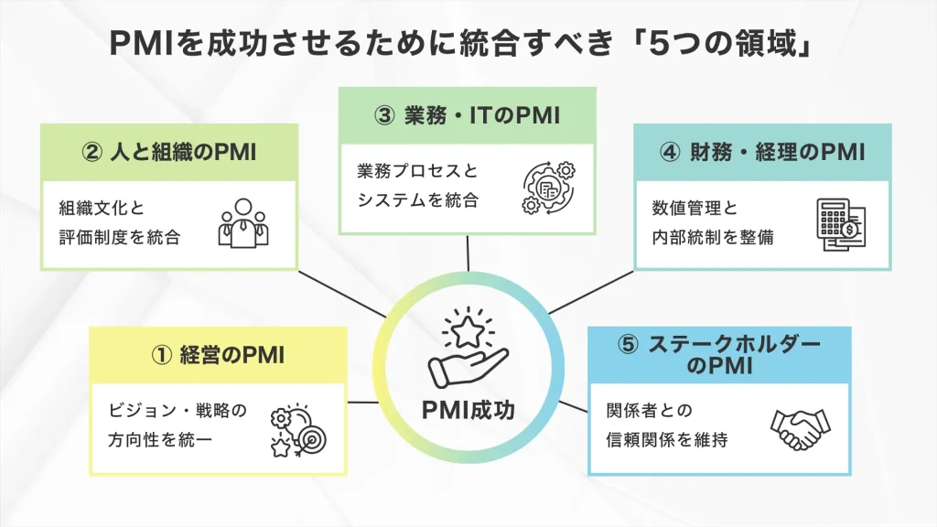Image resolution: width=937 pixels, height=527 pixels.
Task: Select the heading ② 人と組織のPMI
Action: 169,152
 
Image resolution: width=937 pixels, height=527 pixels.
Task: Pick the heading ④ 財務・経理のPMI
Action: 761,152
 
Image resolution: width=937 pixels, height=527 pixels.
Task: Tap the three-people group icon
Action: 243,221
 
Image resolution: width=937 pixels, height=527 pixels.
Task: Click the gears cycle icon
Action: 546,187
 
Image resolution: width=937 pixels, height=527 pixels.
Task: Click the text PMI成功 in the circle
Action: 468,410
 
